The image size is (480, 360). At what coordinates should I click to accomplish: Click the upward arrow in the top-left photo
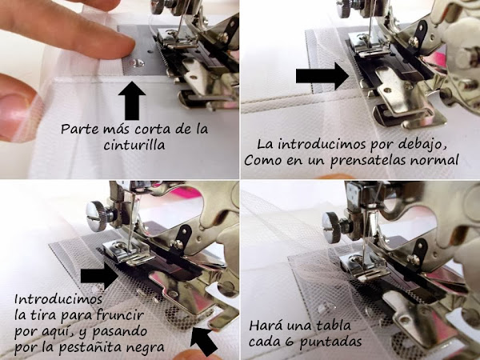pos(132,101)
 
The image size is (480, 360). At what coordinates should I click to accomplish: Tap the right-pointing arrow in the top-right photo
pos(322,76)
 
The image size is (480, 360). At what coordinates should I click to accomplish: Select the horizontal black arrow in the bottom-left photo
pos(99,276)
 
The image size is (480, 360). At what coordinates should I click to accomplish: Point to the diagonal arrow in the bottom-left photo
pos(203,341)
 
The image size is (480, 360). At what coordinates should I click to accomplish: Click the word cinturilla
pos(134,145)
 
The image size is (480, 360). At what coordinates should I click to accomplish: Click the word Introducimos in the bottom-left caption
pos(58,298)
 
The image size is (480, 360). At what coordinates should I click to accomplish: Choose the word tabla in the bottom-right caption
pos(332,326)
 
